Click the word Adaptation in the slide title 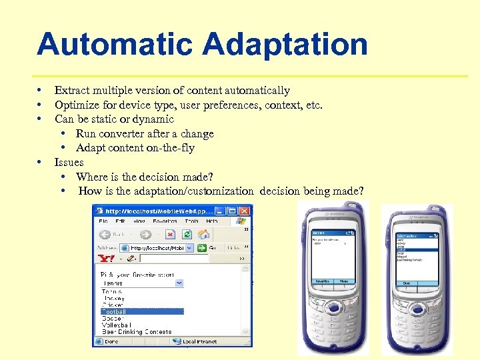click(285, 45)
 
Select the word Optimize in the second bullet click(75, 105)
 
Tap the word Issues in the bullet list click(69, 162)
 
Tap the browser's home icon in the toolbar click(205, 234)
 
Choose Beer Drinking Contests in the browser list click(136, 331)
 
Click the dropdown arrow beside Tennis click(179, 283)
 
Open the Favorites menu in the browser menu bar click(165, 221)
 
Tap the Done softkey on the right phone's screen click(405, 283)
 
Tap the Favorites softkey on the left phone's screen click(322, 281)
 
